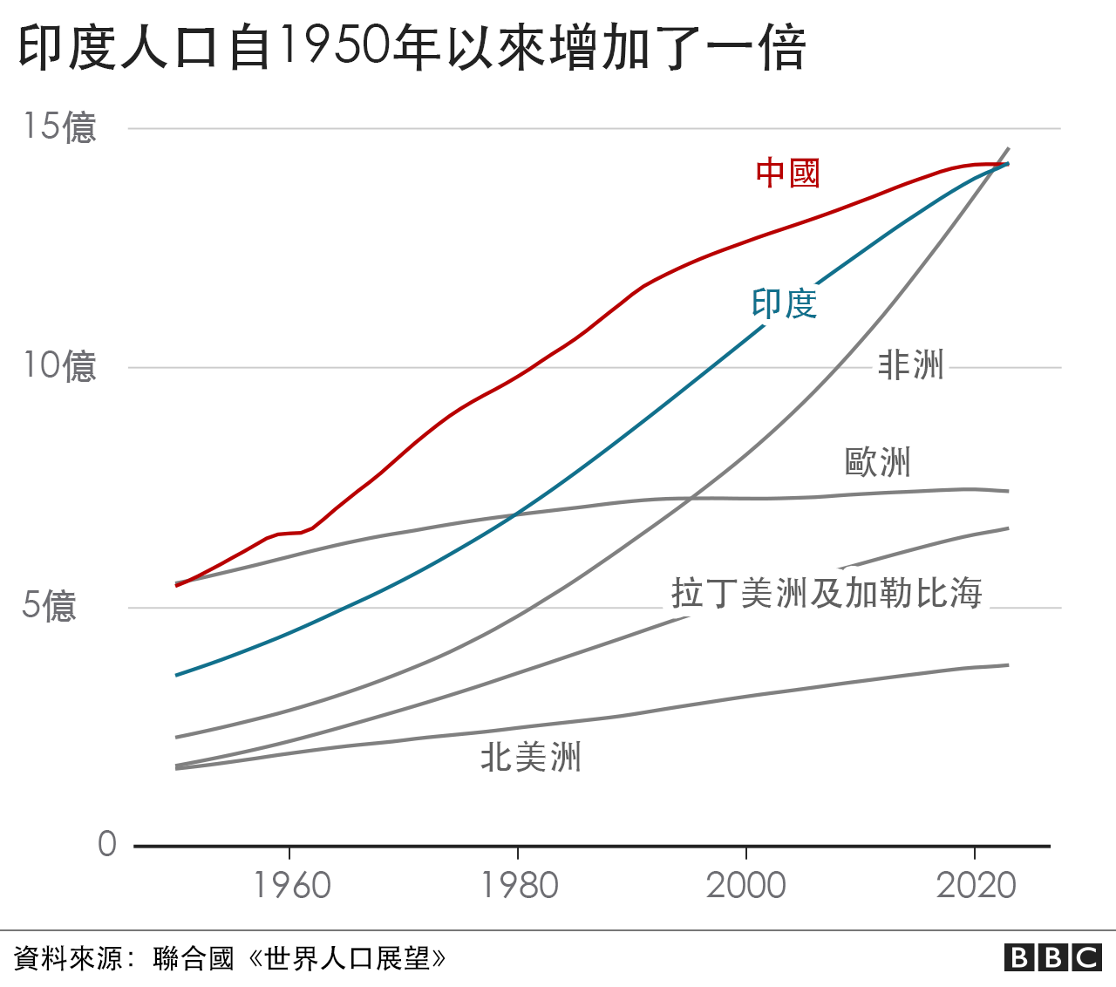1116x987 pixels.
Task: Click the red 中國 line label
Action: pyautogui.click(x=787, y=173)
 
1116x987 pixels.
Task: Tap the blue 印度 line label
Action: pyautogui.click(x=784, y=303)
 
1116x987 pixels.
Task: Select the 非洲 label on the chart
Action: pyautogui.click(x=910, y=364)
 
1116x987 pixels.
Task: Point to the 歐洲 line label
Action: pyautogui.click(x=877, y=462)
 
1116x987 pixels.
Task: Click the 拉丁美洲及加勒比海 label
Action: pyautogui.click(x=827, y=593)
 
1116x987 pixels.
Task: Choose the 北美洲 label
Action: pyautogui.click(x=530, y=757)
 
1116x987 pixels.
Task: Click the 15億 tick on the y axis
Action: pyautogui.click(x=59, y=127)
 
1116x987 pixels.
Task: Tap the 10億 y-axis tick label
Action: pyautogui.click(x=59, y=366)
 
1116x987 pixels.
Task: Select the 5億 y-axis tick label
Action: pyautogui.click(x=49, y=606)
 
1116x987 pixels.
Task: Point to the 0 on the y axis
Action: pyautogui.click(x=106, y=844)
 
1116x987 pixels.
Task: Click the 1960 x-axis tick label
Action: pyautogui.click(x=291, y=886)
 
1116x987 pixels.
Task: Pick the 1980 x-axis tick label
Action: pyautogui.click(x=520, y=886)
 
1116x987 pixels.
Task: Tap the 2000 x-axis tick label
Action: pyautogui.click(x=745, y=886)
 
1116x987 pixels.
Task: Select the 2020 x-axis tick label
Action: pyautogui.click(x=976, y=886)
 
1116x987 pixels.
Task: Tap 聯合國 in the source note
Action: pyautogui.click(x=194, y=959)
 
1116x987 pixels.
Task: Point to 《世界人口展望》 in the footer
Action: pyautogui.click(x=347, y=959)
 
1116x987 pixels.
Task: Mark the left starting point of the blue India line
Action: pyautogui.click(x=177, y=675)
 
